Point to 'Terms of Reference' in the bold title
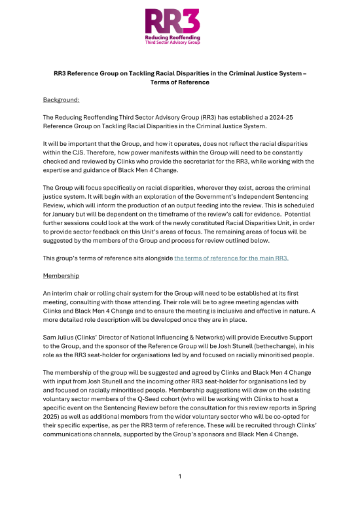[x=179, y=83]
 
